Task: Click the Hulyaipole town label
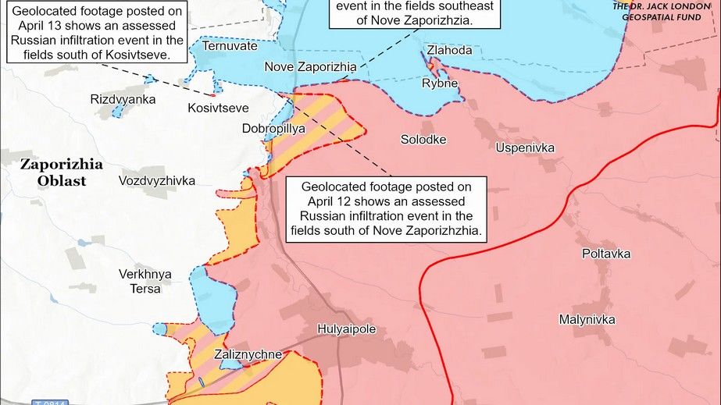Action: pos(346,329)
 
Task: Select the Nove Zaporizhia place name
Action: pos(310,67)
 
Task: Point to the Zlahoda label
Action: pos(449,50)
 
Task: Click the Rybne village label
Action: pos(440,83)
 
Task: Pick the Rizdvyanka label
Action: pos(123,99)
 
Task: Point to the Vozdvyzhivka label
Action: pos(157,180)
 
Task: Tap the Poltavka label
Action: pos(606,254)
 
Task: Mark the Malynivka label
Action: pos(587,319)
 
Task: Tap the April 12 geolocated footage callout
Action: pos(387,208)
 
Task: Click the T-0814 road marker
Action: pos(52,402)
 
